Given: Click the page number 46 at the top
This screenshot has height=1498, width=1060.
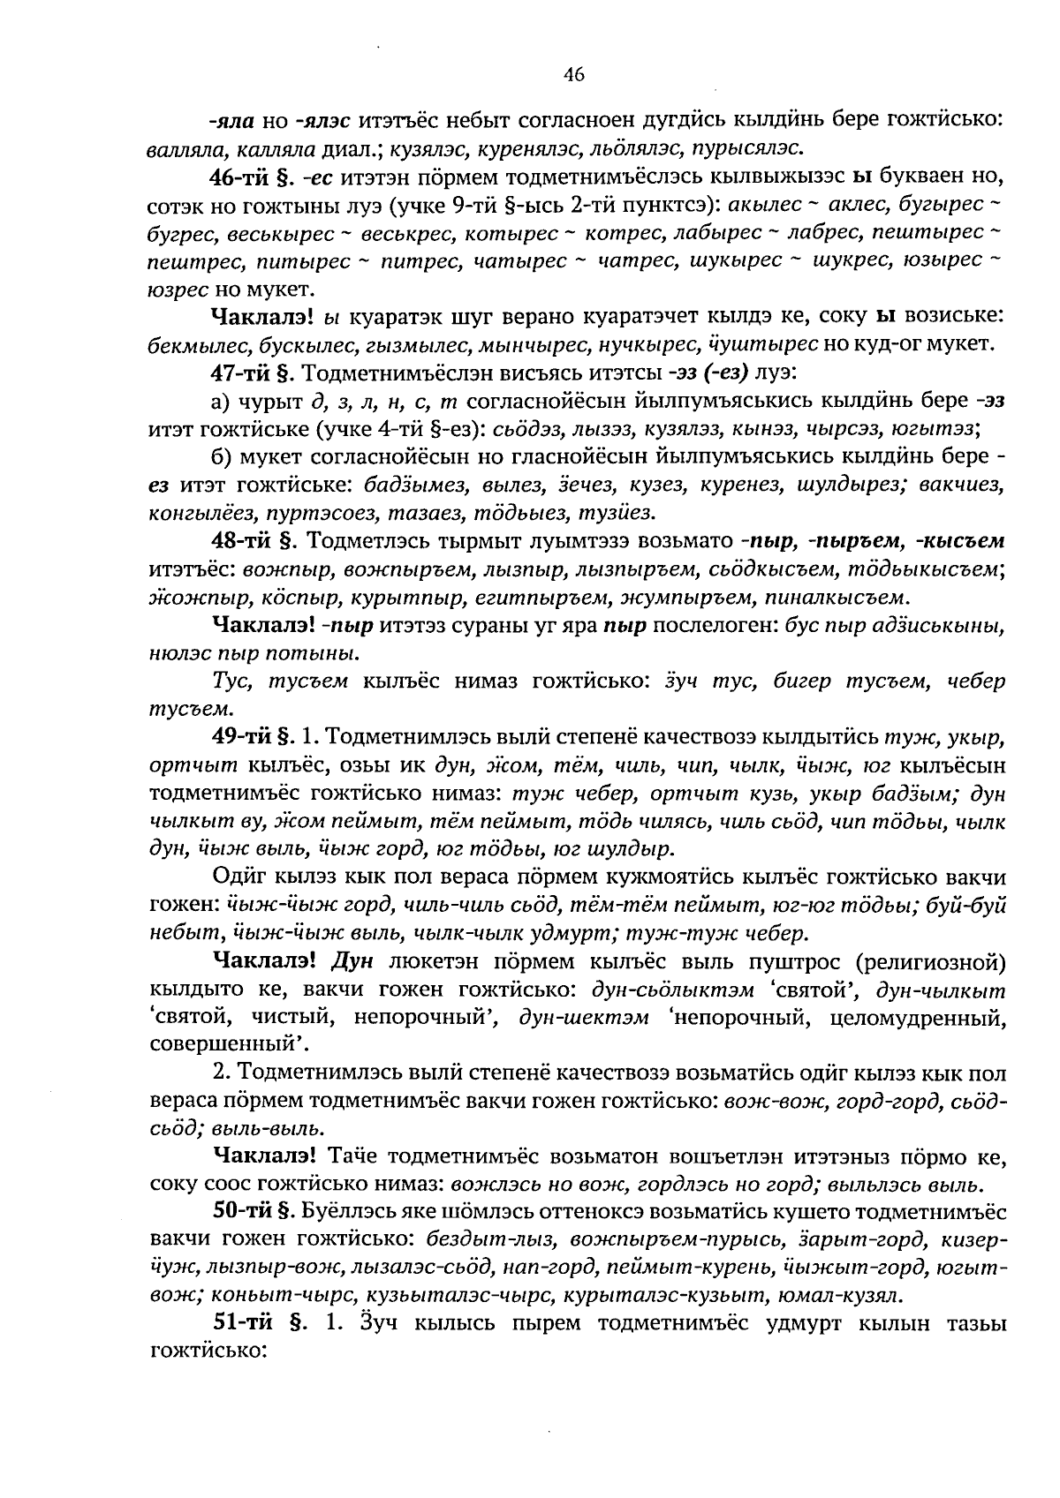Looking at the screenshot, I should click(x=573, y=75).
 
